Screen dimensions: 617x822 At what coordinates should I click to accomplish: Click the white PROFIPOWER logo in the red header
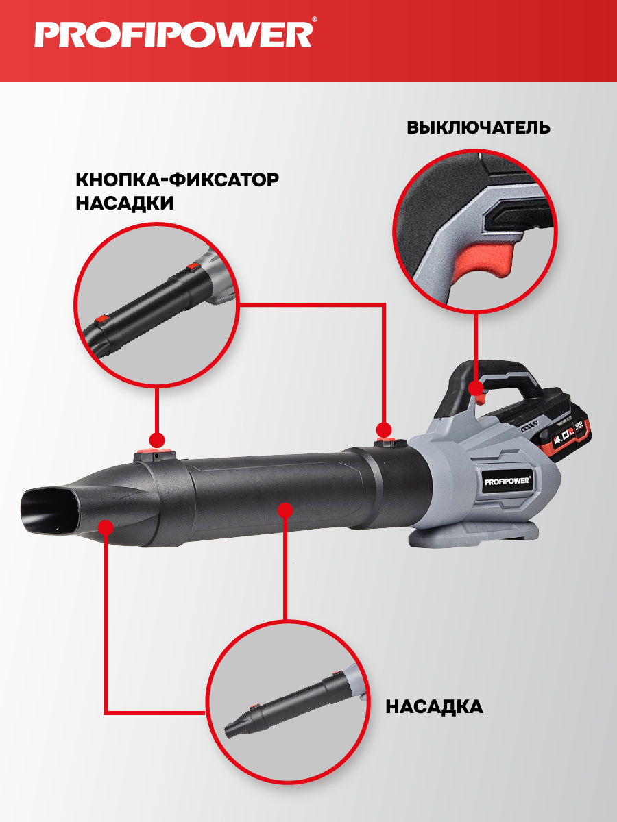[x=173, y=35]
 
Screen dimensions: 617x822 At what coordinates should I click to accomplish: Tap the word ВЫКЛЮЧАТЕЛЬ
[x=479, y=127]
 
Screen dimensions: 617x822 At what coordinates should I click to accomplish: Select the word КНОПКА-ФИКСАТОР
[x=177, y=179]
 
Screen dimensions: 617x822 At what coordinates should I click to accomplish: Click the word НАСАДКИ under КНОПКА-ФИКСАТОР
[x=125, y=203]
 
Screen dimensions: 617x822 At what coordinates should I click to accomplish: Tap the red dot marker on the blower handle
[x=476, y=388]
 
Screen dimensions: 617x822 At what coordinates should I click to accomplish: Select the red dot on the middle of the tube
[x=285, y=510]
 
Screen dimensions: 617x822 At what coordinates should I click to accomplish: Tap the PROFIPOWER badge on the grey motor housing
[x=508, y=482]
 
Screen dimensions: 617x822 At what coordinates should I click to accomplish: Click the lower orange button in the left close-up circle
[x=101, y=319]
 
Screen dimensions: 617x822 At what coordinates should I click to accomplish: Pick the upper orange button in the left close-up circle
[x=193, y=266]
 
